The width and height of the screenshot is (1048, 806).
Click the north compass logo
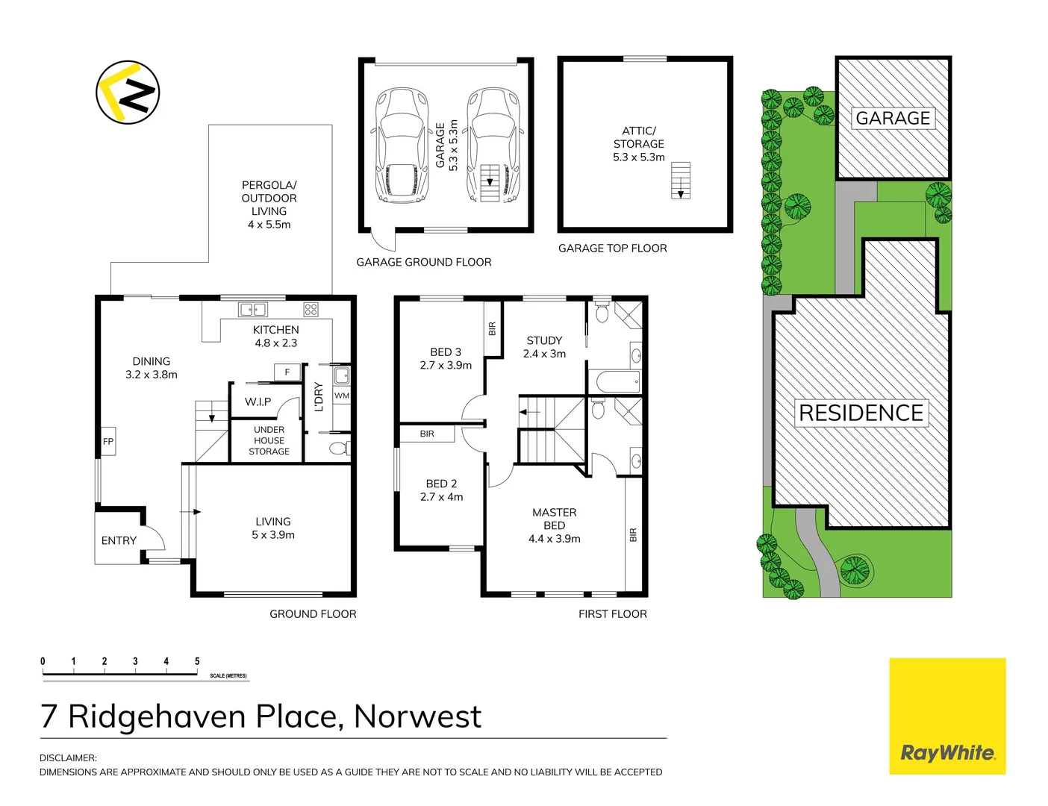pos(128,93)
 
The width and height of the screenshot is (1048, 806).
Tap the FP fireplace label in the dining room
pos(108,442)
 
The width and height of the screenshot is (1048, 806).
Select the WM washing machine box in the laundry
pos(342,396)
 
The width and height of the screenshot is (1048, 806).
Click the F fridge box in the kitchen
pos(287,372)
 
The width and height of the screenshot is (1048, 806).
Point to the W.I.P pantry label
pos(258,402)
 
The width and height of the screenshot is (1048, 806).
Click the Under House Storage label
pos(269,440)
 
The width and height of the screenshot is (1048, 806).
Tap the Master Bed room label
pos(555,525)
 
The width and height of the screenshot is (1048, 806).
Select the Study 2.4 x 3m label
pos(544,347)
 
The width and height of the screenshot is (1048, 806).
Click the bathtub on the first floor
pos(615,382)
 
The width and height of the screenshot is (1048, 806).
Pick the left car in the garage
pos(402,145)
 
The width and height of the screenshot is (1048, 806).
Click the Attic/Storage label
pos(639,144)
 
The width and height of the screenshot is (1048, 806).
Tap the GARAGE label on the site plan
pos(893,119)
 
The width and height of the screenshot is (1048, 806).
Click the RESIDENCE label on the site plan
pos(861,413)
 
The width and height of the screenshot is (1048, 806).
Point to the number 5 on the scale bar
pos(197,661)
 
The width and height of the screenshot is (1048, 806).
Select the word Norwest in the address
pos(417,716)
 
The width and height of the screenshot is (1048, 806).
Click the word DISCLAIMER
pos(68,758)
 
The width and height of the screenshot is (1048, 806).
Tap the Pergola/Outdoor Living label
pos(269,204)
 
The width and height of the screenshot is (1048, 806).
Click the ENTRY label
pos(119,540)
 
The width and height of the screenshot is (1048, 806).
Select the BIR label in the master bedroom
pos(633,535)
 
